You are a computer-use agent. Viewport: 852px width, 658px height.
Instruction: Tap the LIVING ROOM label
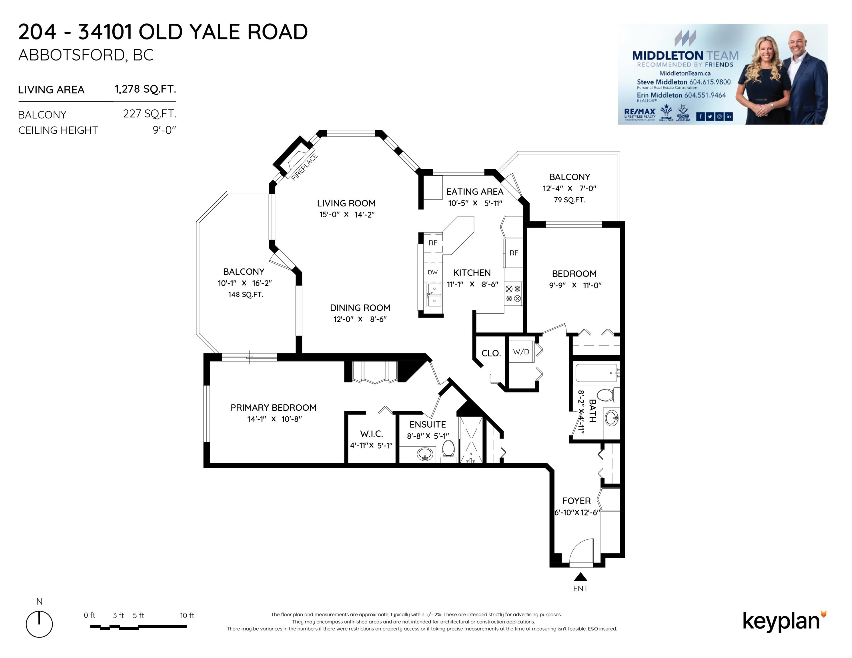click(x=346, y=203)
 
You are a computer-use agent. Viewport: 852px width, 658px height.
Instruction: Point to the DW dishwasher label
click(x=433, y=272)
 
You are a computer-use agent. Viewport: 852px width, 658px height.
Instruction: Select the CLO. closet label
click(x=491, y=353)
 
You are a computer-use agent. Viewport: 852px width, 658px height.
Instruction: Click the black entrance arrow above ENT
click(x=580, y=577)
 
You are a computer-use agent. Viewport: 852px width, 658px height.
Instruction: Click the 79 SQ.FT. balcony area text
click(x=570, y=200)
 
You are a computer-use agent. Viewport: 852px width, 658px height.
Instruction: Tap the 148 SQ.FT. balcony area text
click(x=246, y=294)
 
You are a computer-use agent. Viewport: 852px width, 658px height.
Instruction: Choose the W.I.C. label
click(x=371, y=434)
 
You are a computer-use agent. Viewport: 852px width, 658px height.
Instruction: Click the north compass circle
click(x=39, y=624)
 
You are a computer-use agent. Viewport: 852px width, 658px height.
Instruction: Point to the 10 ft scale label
click(x=187, y=615)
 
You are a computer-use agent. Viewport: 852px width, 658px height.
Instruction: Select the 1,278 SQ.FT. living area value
click(x=145, y=89)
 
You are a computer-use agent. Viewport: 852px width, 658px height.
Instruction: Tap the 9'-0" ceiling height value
click(x=165, y=130)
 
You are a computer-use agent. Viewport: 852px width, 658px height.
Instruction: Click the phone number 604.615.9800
click(x=710, y=82)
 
